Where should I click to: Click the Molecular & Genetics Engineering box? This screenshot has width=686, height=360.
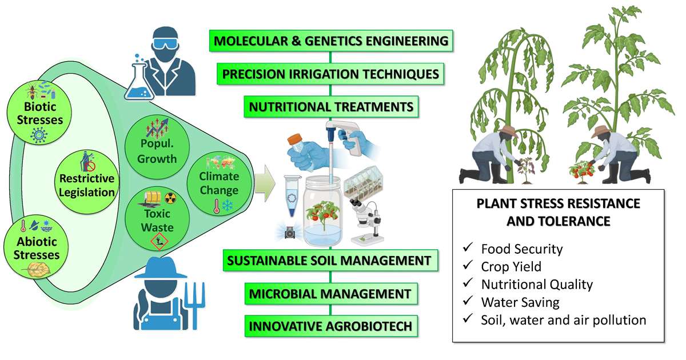point(330,41)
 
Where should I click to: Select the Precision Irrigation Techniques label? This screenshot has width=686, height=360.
point(330,74)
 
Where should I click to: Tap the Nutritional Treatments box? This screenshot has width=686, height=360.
point(330,106)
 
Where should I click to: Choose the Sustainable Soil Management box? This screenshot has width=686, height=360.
point(330,261)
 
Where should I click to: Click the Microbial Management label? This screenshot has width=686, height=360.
point(330,294)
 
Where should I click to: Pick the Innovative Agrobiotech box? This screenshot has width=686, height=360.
point(330,327)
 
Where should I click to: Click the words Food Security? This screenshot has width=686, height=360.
point(522,249)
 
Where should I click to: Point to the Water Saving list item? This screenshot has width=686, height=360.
point(520,302)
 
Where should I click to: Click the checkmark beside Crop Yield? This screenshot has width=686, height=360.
point(468,266)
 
